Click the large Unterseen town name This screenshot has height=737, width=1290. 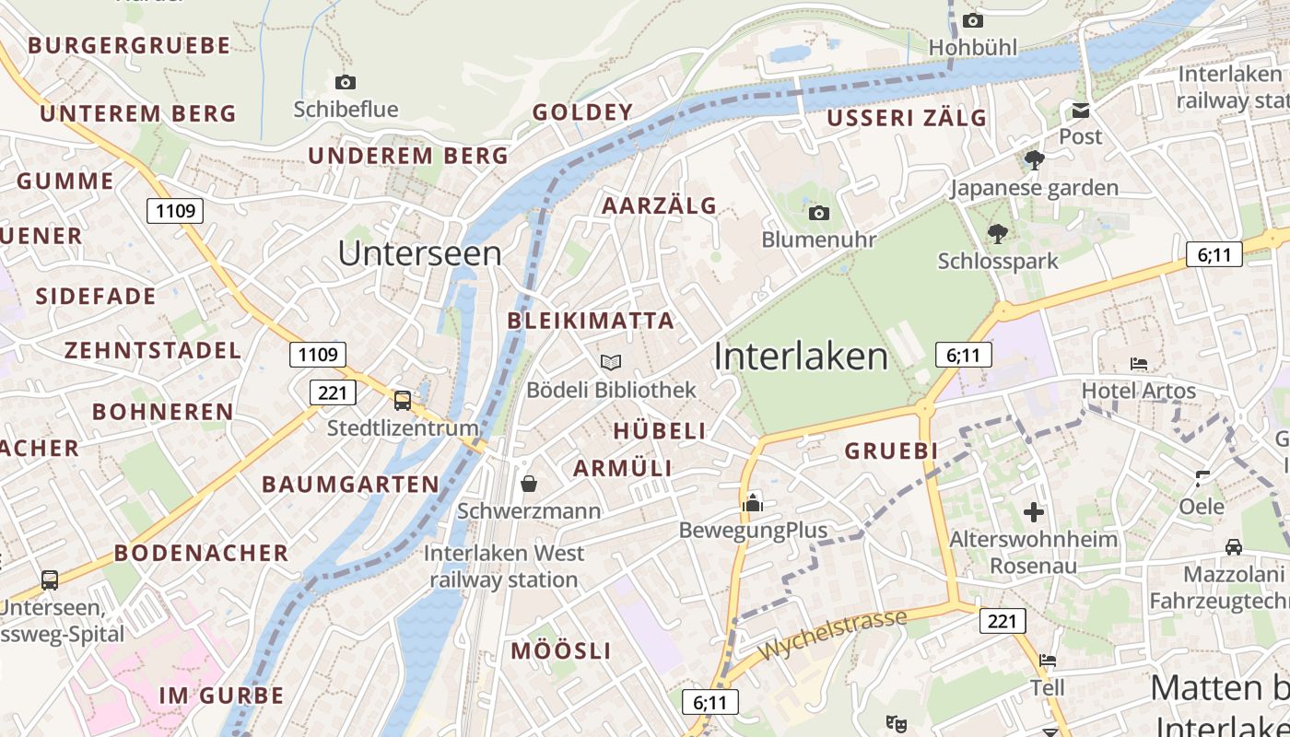420,253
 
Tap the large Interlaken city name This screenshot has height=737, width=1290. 801,357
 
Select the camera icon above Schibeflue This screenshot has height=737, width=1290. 346,82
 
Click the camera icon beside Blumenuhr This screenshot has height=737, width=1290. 818,214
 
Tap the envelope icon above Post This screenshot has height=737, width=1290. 1080,111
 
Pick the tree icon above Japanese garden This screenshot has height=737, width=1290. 1034,160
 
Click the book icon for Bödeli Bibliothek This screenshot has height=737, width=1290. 611,362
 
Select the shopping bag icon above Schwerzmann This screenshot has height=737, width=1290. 529,483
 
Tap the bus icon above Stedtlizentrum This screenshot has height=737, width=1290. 403,400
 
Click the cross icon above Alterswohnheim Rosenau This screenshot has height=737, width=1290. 1034,511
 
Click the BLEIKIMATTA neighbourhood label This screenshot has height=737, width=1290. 591,321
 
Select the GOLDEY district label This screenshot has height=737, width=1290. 583,112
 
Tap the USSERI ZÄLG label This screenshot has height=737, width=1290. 907,118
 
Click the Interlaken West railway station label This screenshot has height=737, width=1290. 504,567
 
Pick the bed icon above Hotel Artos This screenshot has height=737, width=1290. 1139,364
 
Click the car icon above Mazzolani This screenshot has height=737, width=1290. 1234,547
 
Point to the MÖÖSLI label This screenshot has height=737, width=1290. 561,650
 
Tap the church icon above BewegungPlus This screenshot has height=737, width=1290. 753,502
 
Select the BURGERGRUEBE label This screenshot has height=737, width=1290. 129,45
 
